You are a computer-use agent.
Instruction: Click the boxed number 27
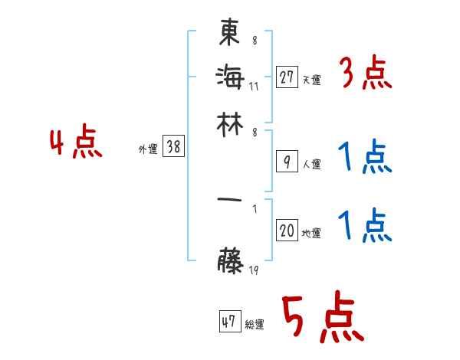[287, 77]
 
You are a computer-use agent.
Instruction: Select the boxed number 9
[287, 161]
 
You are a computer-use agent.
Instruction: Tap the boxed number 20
[287, 231]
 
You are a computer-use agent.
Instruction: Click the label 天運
[311, 80]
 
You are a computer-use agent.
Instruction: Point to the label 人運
[311, 164]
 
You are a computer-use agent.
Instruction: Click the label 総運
[254, 325]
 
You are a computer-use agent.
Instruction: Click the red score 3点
[365, 75]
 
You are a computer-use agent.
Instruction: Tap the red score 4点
[75, 144]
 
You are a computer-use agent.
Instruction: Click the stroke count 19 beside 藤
[253, 270]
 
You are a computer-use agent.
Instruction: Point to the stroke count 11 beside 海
[254, 85]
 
